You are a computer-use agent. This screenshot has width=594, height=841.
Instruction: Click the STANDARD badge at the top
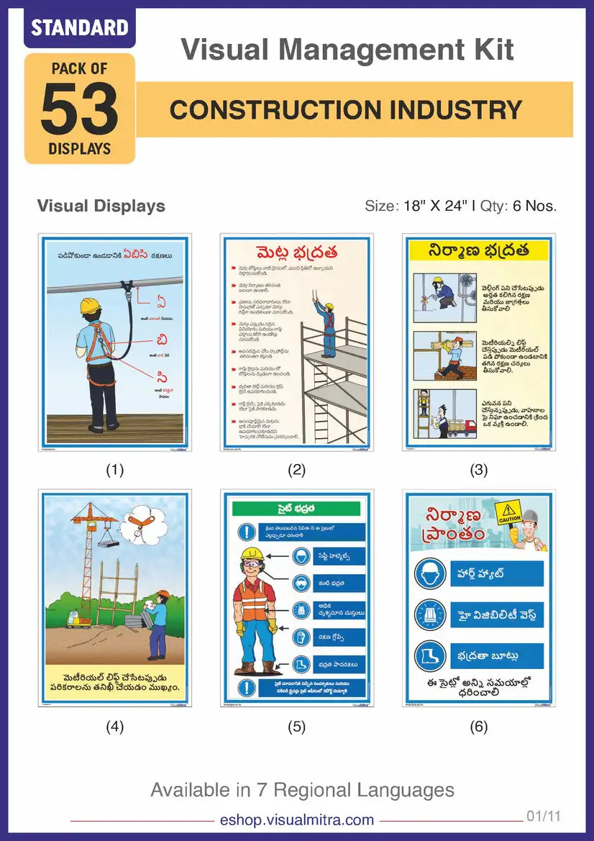point(79,28)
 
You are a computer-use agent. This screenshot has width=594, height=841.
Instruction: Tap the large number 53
point(79,109)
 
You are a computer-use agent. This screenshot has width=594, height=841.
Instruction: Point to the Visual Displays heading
point(101,206)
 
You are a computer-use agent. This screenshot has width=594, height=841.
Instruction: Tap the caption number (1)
point(114,470)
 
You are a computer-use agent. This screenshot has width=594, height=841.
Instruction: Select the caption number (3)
point(478,470)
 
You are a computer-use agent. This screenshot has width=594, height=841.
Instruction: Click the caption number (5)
point(296,727)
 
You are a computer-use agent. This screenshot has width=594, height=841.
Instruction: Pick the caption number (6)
point(478,727)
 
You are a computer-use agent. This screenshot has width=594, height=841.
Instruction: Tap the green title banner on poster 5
point(296,509)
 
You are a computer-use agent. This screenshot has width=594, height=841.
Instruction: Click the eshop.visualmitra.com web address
point(296,819)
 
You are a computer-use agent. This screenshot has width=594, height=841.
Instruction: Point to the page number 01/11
point(543,817)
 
